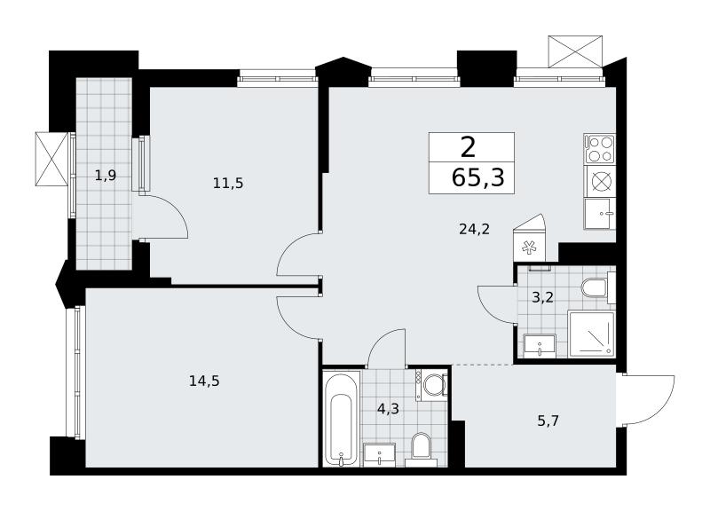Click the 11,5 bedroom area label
tap(228, 184)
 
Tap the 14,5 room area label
tap(204, 381)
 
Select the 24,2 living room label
tap(474, 230)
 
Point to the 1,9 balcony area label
tap(106, 175)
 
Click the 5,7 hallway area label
tap(548, 421)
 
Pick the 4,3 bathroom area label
tap(388, 409)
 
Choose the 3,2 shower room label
tap(542, 298)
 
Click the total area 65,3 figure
tap(478, 177)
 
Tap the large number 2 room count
tap(469, 146)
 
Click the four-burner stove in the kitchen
tap(600, 149)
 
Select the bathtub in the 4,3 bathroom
tap(343, 419)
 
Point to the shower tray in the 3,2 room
tap(591, 334)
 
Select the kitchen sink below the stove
tap(600, 214)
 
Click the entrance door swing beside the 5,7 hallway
tap(648, 398)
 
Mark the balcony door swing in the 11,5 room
tap(164, 216)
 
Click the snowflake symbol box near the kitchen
tap(529, 248)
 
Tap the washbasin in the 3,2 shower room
tap(540, 346)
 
